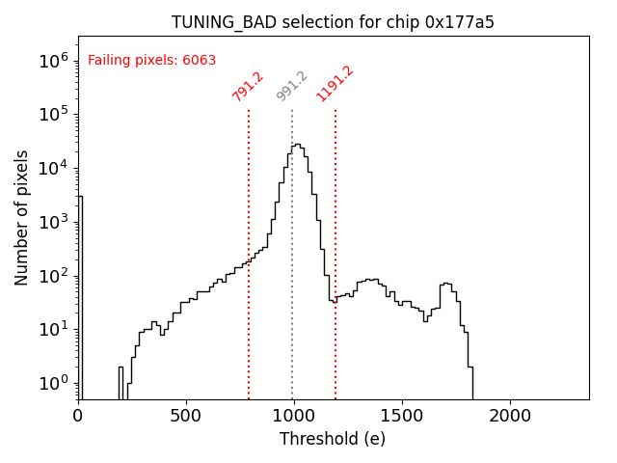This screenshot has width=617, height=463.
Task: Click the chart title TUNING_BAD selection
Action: click(333, 22)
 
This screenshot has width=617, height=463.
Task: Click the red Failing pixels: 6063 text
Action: click(151, 61)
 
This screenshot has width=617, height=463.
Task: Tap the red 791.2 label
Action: click(248, 86)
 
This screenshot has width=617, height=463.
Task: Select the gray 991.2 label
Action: click(292, 86)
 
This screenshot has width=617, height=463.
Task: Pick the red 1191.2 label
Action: click(335, 84)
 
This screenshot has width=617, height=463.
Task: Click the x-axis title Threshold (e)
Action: click(333, 439)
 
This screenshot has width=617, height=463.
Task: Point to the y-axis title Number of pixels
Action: click(22, 217)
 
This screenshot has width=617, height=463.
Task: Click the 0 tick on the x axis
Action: click(78, 416)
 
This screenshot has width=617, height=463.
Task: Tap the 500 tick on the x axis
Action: click(186, 416)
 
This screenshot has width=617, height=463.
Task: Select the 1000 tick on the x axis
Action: click(294, 416)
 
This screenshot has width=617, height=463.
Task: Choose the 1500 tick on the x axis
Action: click(401, 416)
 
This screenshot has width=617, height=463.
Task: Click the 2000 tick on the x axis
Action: click(509, 416)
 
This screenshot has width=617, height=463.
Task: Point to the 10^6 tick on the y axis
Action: click(54, 60)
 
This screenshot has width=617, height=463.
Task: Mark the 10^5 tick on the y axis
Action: click(54, 114)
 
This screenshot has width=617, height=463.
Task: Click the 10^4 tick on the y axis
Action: click(54, 168)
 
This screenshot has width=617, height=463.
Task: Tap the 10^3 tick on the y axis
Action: click(54, 222)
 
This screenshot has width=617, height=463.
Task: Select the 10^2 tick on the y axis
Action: click(54, 276)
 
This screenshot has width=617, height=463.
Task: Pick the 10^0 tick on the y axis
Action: click(54, 384)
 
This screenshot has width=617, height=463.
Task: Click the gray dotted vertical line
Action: click(292, 289)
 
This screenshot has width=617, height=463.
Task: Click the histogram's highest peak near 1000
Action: click(296, 145)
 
